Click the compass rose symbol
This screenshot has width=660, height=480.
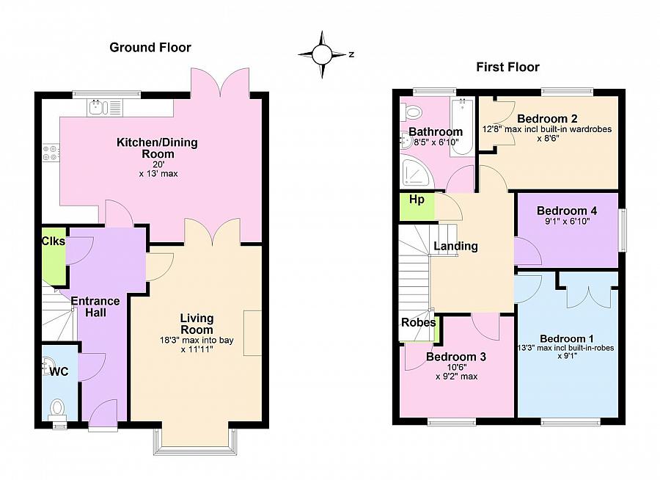click(322, 54)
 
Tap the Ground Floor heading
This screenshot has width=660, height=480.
click(150, 47)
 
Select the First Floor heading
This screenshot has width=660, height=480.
click(507, 67)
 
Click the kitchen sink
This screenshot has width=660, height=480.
click(104, 107)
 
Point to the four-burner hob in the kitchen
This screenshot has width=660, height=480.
click(51, 153)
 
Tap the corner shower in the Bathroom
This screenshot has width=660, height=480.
click(417, 172)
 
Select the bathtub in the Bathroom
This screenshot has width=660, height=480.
click(462, 128)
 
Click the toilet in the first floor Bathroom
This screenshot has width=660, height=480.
click(411, 112)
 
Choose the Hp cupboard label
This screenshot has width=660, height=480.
click(417, 200)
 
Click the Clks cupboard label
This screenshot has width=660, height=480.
click(54, 241)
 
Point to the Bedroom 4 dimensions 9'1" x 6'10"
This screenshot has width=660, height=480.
click(567, 221)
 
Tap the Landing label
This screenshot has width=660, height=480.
click(456, 246)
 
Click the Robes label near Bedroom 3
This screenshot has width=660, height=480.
click(419, 323)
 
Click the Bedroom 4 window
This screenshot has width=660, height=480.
click(622, 230)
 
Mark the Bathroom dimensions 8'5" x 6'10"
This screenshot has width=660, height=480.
click(436, 142)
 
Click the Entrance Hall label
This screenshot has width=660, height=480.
click(95, 307)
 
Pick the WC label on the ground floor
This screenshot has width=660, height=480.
click(59, 371)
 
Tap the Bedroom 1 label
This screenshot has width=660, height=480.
click(567, 338)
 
